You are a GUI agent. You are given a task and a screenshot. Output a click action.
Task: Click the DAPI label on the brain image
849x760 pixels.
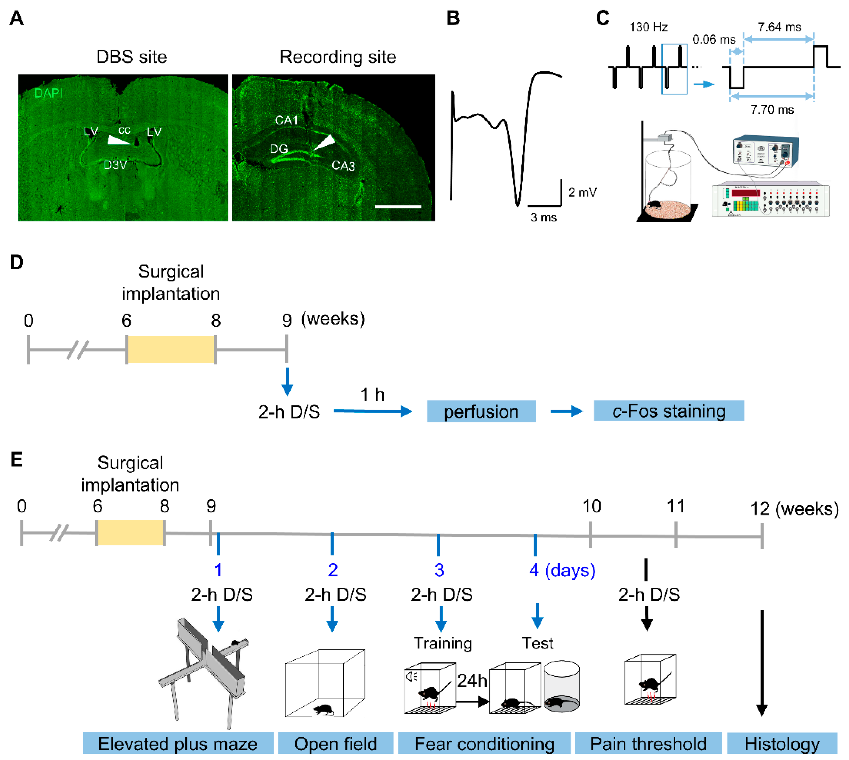tap(48, 93)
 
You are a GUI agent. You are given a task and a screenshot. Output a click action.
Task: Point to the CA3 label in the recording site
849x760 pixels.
tap(343, 166)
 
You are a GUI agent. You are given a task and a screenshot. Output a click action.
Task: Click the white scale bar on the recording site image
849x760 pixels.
tap(398, 206)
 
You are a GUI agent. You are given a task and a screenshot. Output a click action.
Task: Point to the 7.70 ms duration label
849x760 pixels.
tap(772, 109)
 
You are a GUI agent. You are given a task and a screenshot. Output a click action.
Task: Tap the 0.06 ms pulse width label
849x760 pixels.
tap(714, 40)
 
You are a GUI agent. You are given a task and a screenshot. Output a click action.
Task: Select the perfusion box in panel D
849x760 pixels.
tap(481, 411)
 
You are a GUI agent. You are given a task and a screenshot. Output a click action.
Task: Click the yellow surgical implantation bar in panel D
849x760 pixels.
tap(171, 349)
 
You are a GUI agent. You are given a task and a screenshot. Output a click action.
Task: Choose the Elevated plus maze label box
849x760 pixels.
tap(178, 744)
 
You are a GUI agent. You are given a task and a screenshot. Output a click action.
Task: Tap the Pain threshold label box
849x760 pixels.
tap(648, 744)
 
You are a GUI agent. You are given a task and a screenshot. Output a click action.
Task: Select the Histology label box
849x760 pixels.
tap(782, 744)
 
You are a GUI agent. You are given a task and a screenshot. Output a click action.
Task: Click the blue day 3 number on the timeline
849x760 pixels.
tap(439, 570)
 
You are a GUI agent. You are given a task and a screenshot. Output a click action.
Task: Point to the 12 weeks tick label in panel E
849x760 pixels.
tap(760, 509)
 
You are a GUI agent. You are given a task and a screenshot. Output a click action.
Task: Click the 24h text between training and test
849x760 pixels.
tap(472, 681)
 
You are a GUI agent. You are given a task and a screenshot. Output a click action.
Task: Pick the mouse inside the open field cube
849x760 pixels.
tap(323, 710)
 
